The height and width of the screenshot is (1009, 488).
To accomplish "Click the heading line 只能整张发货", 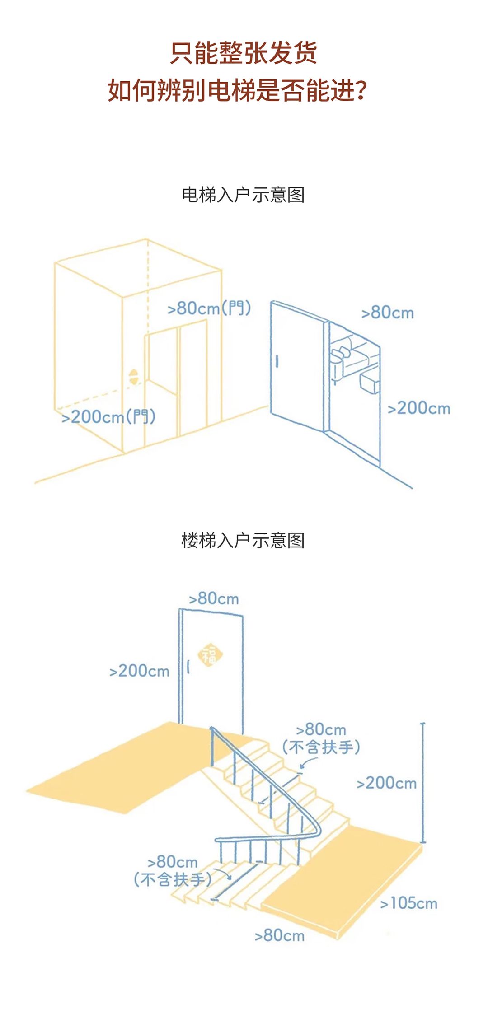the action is click(244, 53).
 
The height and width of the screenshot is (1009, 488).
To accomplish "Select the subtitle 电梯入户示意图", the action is click(243, 195).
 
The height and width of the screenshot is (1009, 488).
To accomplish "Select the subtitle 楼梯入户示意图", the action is click(243, 540).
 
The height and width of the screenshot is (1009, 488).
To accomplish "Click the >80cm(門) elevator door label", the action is click(209, 308).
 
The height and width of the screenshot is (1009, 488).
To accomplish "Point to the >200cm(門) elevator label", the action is click(108, 416).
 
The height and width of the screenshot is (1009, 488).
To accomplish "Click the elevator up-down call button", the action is click(134, 377).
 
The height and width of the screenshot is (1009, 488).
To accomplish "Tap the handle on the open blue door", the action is click(277, 361).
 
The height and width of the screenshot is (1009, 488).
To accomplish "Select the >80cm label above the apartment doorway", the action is click(388, 313).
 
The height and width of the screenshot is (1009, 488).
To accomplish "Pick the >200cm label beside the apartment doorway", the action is click(419, 408).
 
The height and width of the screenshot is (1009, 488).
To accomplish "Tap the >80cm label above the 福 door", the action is click(214, 598).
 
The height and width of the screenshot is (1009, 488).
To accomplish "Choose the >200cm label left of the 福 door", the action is click(139, 671).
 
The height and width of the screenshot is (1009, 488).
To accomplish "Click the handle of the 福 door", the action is click(188, 668).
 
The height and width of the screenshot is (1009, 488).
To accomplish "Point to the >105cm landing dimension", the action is click(408, 903).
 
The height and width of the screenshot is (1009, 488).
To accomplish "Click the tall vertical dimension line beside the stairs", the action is click(423, 783).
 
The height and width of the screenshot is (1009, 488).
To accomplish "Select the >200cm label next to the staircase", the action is click(386, 783).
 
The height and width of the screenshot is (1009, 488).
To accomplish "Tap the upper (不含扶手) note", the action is click(321, 747).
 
